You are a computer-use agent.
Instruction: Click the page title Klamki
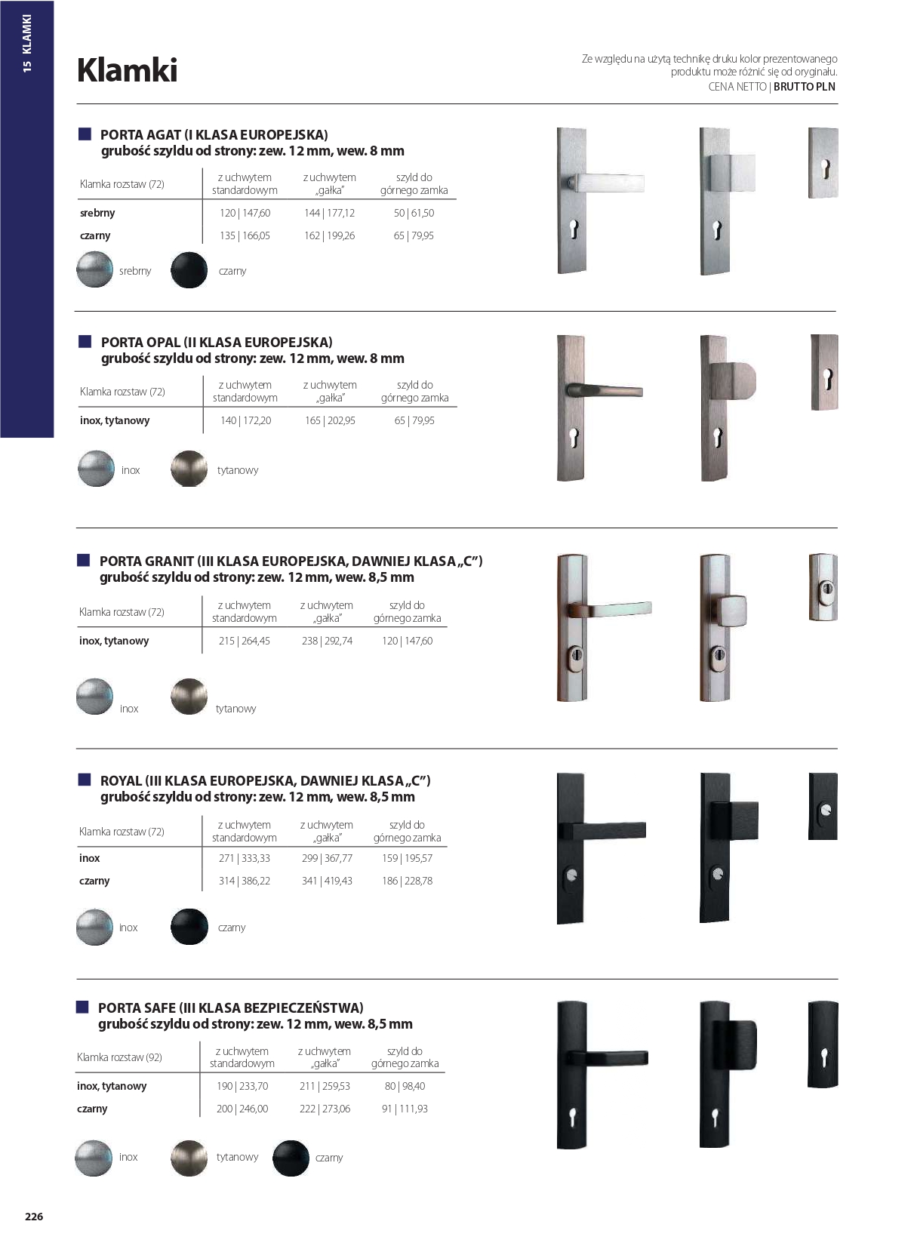(x=128, y=70)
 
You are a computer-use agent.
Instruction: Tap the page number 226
(x=34, y=1216)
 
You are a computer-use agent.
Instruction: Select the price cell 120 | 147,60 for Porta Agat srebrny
(x=245, y=213)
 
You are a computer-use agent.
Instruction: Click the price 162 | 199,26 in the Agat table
(x=329, y=235)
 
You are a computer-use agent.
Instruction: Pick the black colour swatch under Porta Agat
(x=189, y=270)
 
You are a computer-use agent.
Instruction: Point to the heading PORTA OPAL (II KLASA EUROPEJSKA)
(x=217, y=342)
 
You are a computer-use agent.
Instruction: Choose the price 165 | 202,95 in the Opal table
(x=330, y=420)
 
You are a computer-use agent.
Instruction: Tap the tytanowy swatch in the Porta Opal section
(x=189, y=469)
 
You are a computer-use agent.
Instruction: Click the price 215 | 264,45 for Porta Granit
(x=244, y=641)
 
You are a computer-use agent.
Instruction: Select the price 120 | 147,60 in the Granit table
(x=407, y=641)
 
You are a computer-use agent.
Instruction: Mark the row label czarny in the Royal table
(x=94, y=881)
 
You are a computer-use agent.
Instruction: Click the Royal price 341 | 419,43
(x=327, y=881)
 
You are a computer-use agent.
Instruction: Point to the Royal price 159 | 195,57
(x=407, y=858)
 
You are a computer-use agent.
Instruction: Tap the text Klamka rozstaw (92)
(x=119, y=1057)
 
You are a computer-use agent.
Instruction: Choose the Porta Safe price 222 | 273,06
(x=325, y=1109)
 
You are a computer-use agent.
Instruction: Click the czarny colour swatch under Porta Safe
(x=291, y=1158)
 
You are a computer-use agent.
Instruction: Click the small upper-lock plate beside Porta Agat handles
(x=823, y=163)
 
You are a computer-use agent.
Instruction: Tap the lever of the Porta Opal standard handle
(x=611, y=391)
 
